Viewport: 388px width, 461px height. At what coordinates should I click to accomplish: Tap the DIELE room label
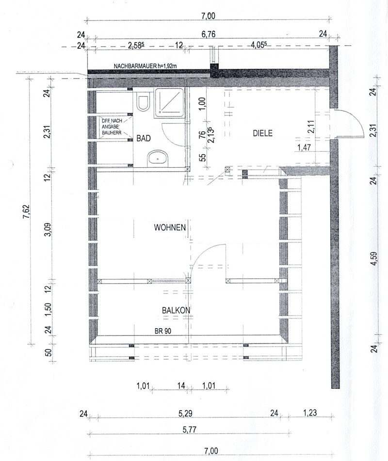263,133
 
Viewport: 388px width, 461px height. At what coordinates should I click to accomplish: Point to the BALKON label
176,310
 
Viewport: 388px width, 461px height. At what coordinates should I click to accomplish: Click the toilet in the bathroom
144,102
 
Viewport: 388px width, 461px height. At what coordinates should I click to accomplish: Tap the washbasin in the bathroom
158,158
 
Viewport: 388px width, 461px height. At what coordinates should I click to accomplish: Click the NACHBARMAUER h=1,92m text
145,66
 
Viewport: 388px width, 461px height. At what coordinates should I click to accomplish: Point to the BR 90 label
163,331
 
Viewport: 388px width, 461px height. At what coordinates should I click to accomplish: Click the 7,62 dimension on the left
28,212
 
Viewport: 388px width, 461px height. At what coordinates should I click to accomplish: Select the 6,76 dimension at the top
208,34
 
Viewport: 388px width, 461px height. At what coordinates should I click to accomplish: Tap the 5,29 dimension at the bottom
185,413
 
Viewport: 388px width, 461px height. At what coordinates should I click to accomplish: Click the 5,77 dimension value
189,430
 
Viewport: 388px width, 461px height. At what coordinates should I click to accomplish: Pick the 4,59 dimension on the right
374,259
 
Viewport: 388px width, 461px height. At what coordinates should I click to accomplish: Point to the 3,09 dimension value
48,230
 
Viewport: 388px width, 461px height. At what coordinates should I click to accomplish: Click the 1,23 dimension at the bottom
310,413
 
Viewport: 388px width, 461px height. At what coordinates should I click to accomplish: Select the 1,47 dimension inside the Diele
305,147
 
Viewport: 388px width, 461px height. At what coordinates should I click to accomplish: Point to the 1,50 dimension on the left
48,308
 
